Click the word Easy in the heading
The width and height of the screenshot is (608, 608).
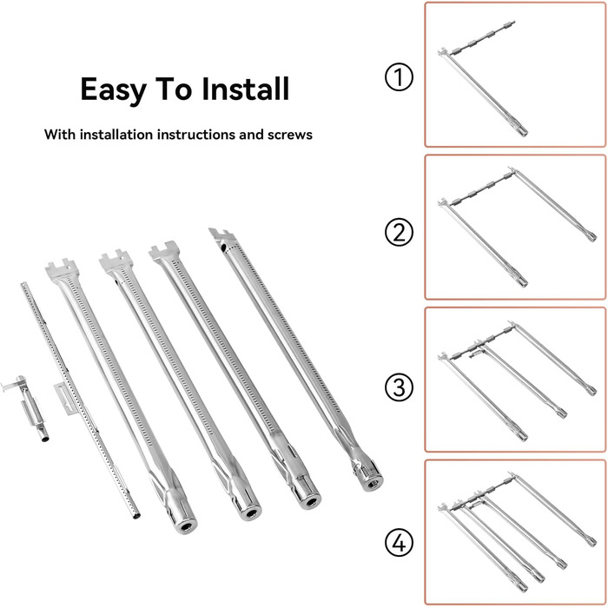pyautogui.click(x=113, y=90)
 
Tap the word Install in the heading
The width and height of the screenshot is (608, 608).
pyautogui.click(x=246, y=89)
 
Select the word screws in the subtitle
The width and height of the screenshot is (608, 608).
pyautogui.click(x=289, y=135)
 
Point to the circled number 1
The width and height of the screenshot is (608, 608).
pyautogui.click(x=399, y=76)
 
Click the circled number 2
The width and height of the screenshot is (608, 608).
pyautogui.click(x=399, y=232)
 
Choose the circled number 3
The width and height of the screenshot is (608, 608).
pyautogui.click(x=399, y=387)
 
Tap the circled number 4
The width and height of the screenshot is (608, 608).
pyautogui.click(x=399, y=542)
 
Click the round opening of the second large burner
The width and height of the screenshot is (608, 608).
pyautogui.click(x=251, y=514)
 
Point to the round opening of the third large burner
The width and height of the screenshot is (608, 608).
pyautogui.click(x=310, y=503)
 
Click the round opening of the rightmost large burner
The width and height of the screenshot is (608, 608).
pyautogui.click(x=373, y=484)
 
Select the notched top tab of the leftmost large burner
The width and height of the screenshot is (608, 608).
pyautogui.click(x=62, y=268)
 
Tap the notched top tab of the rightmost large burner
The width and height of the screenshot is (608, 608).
pyautogui.click(x=221, y=235)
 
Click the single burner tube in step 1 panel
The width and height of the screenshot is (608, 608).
pyautogui.click(x=484, y=92)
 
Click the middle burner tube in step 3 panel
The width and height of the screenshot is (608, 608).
pyautogui.click(x=519, y=381)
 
